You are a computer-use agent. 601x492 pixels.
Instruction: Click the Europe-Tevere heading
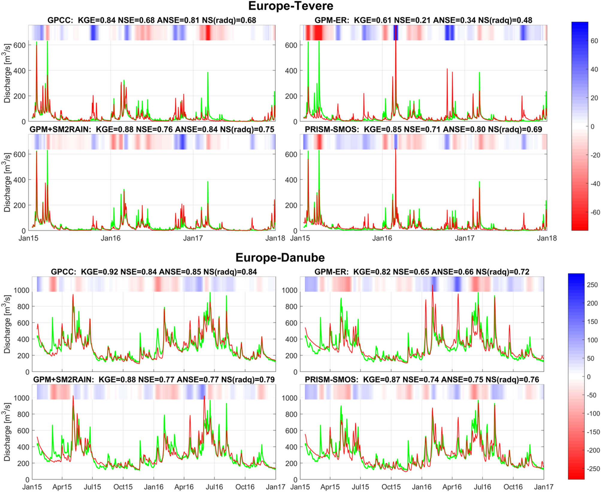290,6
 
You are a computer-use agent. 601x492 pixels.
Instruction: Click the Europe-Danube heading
280,258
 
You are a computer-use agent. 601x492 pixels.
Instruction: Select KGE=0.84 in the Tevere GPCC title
96,20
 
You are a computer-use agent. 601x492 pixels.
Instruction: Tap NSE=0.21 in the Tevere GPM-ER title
412,20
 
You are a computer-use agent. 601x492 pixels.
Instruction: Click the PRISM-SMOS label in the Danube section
331,380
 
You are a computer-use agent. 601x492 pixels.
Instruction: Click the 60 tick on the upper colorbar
594,41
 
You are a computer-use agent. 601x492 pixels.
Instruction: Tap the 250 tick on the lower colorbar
592,285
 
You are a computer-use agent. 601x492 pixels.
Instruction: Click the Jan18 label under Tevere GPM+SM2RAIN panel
275,238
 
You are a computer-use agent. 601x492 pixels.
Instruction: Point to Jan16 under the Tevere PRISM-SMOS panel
382,238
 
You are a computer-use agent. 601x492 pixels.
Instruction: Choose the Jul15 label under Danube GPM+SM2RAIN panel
92,487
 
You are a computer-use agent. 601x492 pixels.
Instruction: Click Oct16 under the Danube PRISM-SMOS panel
513,487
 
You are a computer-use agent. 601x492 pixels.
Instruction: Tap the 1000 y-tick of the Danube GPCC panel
22,290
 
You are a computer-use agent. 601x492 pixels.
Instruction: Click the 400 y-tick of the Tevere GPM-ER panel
291,71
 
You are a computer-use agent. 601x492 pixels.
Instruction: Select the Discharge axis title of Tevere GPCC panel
7,73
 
